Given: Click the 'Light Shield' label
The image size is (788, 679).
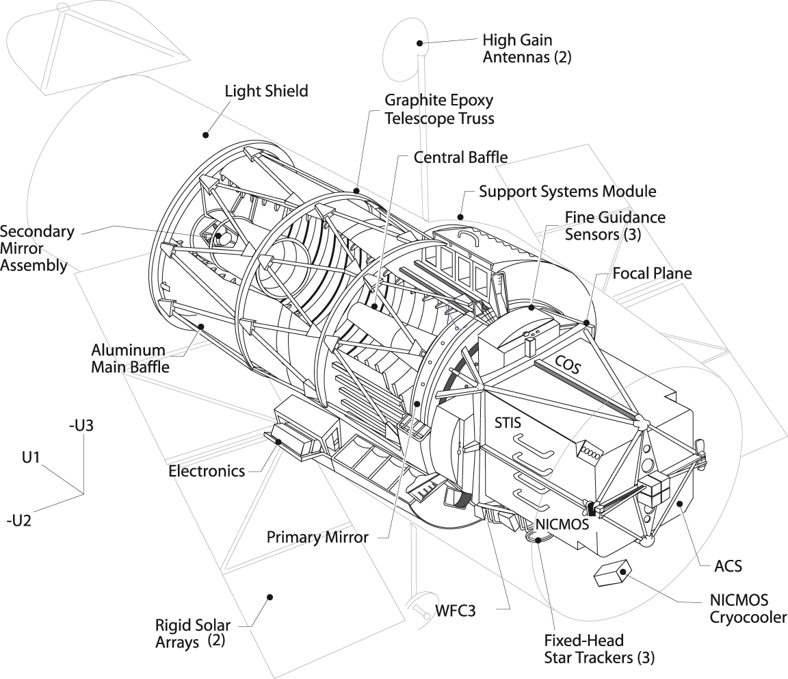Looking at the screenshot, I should [266, 90].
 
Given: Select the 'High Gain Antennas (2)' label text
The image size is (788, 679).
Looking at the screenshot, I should [527, 49].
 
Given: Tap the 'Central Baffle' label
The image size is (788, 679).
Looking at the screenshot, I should [460, 157].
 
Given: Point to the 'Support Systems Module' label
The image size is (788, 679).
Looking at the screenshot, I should [567, 191].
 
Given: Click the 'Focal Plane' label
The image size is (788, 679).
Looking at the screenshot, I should [652, 274].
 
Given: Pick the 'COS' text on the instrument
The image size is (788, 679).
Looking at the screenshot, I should [566, 365].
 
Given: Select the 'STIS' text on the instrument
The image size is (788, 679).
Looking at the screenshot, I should [508, 422].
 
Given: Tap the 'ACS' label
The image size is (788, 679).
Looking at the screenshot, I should [728, 566].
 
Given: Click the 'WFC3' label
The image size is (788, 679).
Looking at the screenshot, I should [455, 608].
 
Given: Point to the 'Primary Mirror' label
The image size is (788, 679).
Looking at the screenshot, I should [317, 537].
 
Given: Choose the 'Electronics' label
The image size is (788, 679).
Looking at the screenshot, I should [206, 471].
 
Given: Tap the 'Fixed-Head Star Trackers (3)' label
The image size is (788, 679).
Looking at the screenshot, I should [599, 649].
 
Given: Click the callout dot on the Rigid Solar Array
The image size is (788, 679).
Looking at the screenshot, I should [271, 597].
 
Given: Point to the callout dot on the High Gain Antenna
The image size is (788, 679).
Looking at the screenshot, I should [418, 43].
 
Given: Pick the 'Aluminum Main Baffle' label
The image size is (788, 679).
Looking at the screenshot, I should [130, 358].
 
